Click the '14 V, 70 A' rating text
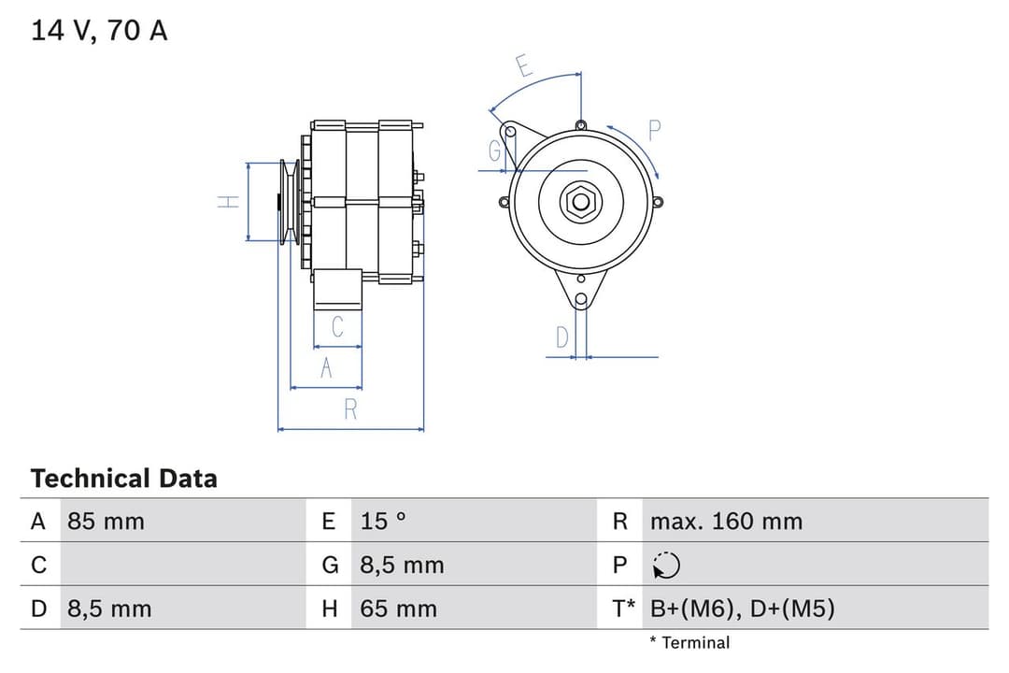[99, 31]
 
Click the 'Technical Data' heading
[123, 479]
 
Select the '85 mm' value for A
[106, 522]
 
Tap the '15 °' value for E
[383, 522]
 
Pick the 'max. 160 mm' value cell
[726, 522]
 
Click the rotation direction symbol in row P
[667, 566]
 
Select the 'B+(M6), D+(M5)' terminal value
[742, 609]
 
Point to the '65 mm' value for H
[398, 609]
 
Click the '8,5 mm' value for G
[402, 566]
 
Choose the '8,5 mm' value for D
[108, 609]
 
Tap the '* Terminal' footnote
[689, 643]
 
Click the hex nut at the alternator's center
[580, 202]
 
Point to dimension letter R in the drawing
[350, 409]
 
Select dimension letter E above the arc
[524, 66]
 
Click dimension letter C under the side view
[337, 326]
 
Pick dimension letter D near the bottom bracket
[561, 337]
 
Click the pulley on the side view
[289, 202]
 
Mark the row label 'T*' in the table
[623, 609]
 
